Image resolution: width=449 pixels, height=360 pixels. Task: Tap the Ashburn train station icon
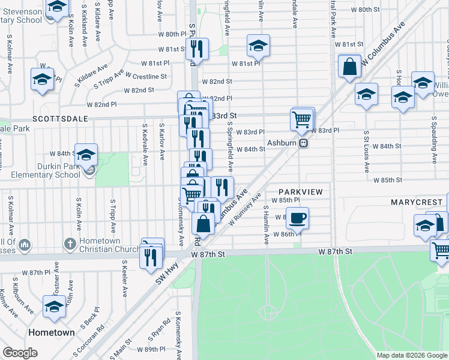304,143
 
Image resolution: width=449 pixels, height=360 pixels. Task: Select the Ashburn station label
282,143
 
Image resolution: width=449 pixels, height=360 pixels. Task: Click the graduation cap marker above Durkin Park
86,155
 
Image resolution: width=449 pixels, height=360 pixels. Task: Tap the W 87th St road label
208,254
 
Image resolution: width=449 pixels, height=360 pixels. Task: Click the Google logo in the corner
20,353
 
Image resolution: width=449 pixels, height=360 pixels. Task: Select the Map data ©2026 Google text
411,355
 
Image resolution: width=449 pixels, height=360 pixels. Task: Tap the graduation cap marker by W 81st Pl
258,46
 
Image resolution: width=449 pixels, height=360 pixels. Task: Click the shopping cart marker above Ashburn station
303,119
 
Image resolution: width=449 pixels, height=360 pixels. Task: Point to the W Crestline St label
146,76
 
